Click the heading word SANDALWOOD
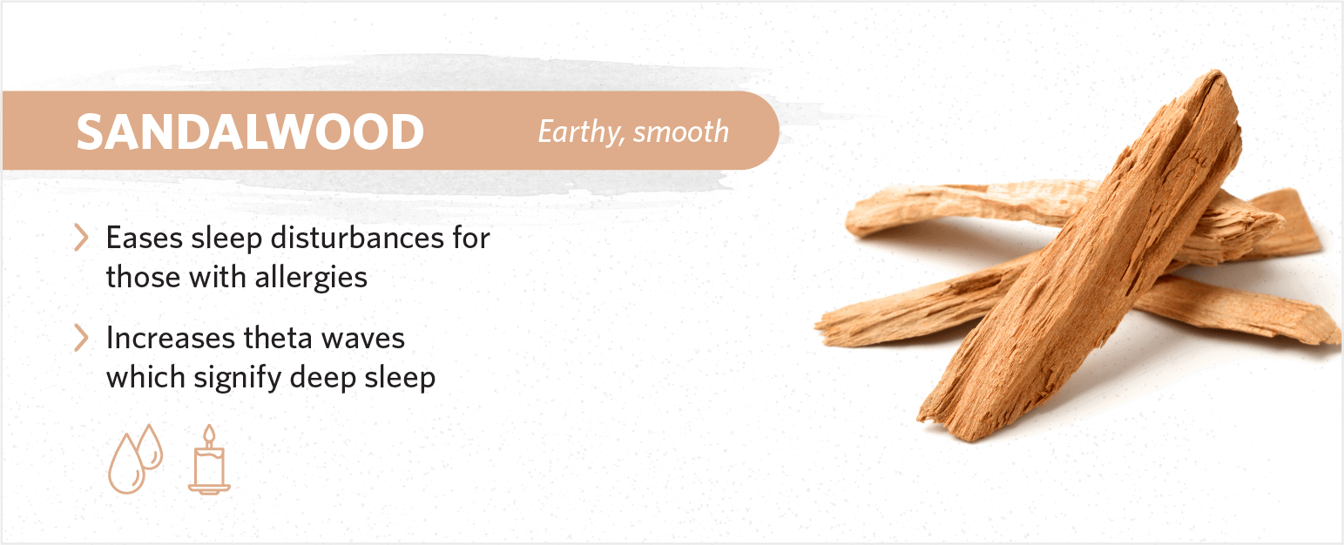click(x=250, y=132)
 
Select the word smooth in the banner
click(x=681, y=132)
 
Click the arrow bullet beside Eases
click(x=82, y=237)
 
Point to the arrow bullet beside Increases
click(x=82, y=338)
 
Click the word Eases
click(x=145, y=238)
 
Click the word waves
click(x=363, y=339)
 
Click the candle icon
click(x=209, y=460)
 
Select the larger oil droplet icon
click(x=126, y=464)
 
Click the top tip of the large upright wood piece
click(x=1217, y=72)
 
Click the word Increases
click(x=171, y=338)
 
